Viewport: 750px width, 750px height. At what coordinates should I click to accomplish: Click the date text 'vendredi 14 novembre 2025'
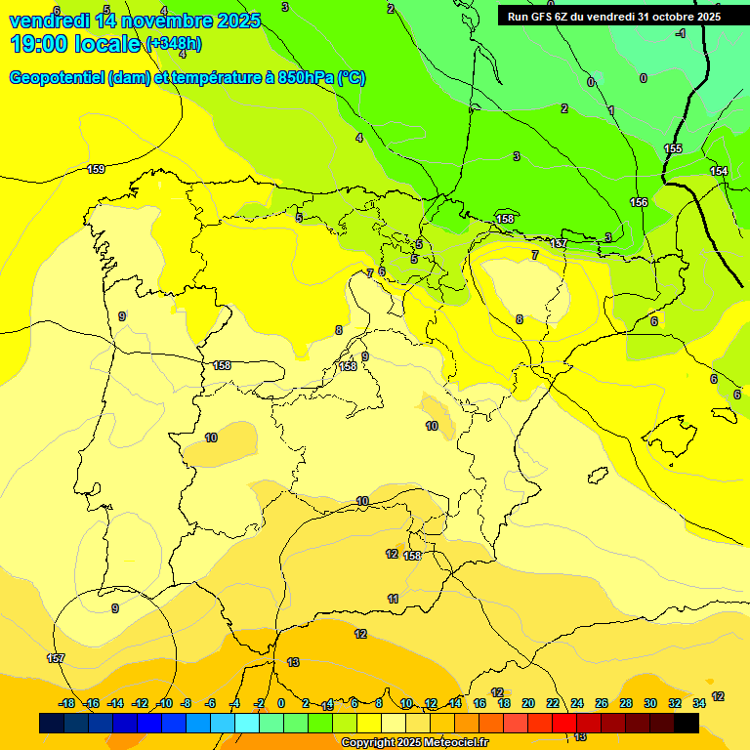click(134, 21)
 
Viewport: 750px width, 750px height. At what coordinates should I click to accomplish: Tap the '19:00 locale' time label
click(76, 43)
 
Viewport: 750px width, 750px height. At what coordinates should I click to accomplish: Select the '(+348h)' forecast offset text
click(174, 44)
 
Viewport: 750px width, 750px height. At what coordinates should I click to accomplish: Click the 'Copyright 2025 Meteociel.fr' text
click(415, 742)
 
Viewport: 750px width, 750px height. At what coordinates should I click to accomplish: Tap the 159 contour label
click(96, 169)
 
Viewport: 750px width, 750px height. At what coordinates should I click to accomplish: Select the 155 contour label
click(673, 148)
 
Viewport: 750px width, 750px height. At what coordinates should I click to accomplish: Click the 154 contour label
click(719, 171)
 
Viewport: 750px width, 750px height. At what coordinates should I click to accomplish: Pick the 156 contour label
click(639, 202)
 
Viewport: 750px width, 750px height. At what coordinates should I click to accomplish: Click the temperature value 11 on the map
click(393, 599)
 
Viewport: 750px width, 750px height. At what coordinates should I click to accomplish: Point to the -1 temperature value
click(680, 33)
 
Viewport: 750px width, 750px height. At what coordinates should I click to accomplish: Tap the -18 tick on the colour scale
click(67, 703)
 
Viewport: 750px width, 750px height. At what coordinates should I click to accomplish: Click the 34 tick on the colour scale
click(699, 703)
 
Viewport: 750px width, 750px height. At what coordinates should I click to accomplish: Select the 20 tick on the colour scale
click(528, 703)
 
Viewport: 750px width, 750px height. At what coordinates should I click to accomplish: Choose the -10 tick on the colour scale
click(165, 703)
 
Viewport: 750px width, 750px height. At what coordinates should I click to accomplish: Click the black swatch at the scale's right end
click(687, 723)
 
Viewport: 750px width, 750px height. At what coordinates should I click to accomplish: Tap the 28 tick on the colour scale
click(626, 703)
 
